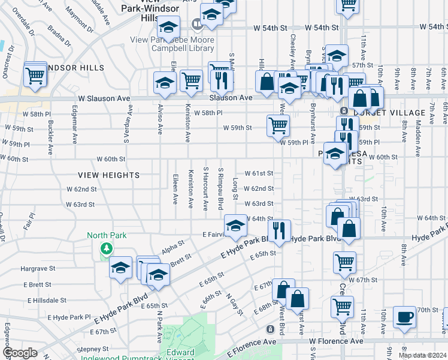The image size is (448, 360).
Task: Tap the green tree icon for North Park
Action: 106,247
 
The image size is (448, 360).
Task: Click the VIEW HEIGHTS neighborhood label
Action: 108,175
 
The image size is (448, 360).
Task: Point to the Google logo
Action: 20,353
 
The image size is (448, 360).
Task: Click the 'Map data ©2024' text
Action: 422,355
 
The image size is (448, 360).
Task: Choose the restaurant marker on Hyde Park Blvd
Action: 279,230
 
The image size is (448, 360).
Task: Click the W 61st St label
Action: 259,173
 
